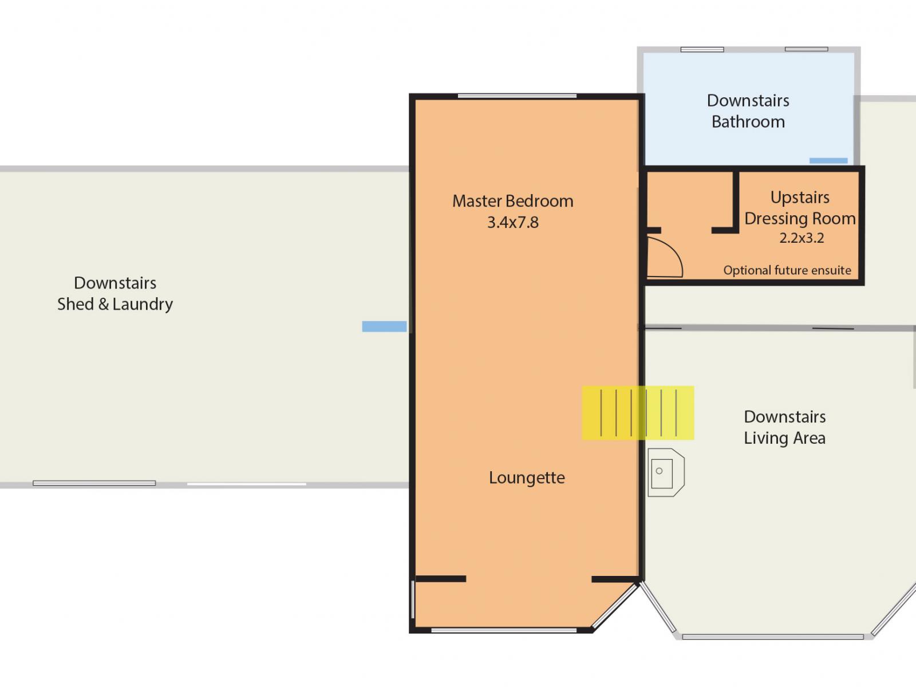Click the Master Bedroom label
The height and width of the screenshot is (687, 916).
coord(512,201)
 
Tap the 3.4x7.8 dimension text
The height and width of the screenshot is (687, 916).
coord(512,223)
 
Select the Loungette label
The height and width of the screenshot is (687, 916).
coord(527,478)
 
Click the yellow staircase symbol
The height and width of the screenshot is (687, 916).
coord(638,413)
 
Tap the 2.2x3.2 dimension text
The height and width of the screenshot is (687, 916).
coord(801,238)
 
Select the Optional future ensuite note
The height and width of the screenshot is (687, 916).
coord(787,270)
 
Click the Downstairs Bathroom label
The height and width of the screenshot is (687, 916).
coord(748,111)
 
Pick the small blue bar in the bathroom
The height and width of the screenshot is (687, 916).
coord(828,161)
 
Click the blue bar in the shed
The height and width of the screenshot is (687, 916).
coord(384,326)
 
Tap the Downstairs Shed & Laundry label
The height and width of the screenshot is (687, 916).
coord(115,293)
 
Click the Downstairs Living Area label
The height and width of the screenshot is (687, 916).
coord(784,427)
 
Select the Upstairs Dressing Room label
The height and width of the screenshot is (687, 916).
coord(799,208)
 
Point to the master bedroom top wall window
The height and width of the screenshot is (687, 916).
coord(517,96)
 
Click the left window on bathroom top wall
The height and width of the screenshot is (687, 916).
coord(702,50)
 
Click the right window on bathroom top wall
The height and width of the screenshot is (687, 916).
coord(806,49)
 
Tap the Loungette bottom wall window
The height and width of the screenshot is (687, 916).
coord(503,630)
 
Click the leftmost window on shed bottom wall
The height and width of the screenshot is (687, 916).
coord(94,483)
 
